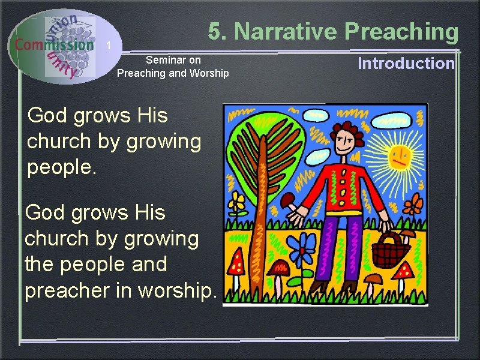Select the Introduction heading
tap(406, 64)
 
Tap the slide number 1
tap(109, 46)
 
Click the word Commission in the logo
tap(55, 44)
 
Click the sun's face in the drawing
tap(400, 157)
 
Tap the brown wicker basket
tap(390, 251)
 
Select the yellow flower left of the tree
tap(238, 202)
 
